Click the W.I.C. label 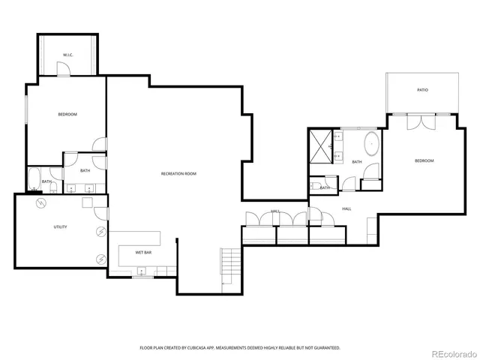(67, 55)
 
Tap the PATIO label (422, 90)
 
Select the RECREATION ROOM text (178, 174)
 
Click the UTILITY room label (59, 226)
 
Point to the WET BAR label (144, 253)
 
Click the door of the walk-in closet (64, 70)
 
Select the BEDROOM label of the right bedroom (424, 160)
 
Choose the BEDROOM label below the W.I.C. (67, 114)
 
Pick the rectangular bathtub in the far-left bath (34, 179)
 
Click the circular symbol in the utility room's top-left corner (41, 203)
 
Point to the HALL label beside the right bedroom (346, 208)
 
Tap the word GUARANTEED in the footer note (325, 348)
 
